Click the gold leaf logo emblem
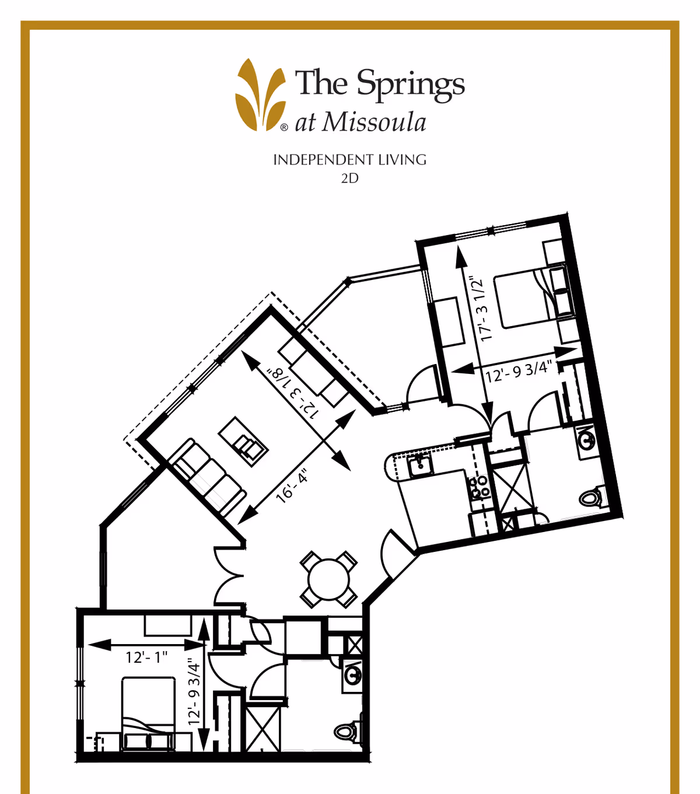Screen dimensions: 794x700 [x=261, y=95]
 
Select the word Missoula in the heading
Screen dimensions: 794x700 [x=374, y=123]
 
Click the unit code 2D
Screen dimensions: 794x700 [x=350, y=179]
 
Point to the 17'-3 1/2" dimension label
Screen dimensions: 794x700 [x=480, y=309]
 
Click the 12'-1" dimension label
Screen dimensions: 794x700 [x=146, y=657]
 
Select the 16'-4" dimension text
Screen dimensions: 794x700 [x=292, y=488]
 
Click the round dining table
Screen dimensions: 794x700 [x=329, y=579]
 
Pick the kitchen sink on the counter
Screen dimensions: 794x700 [x=419, y=466]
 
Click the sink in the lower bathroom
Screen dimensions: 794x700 [x=352, y=675]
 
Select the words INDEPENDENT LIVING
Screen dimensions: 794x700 [x=350, y=160]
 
